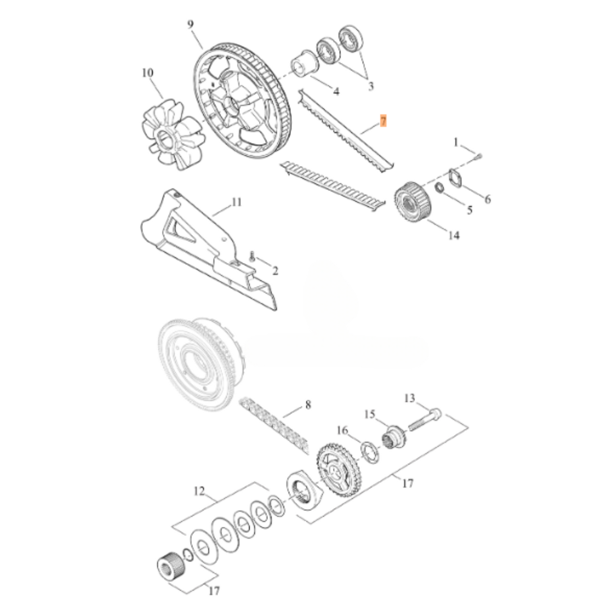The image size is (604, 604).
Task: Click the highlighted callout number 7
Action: coord(383,121)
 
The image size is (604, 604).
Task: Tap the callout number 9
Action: coord(191,25)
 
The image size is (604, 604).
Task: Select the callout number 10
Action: coord(148,73)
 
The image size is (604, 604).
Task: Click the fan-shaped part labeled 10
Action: coord(169,134)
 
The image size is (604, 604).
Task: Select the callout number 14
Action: coord(454,235)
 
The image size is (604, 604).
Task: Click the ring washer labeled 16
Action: coord(370,452)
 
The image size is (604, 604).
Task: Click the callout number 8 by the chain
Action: coord(308,405)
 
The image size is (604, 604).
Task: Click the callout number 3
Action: coord(370,87)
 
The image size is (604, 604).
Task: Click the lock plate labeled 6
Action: coord(454,178)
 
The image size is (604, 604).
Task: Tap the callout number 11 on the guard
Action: coord(237,202)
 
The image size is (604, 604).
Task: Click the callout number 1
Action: coord(456,143)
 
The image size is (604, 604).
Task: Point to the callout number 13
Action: coord(410,398)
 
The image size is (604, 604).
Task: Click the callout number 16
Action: coord(342,430)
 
